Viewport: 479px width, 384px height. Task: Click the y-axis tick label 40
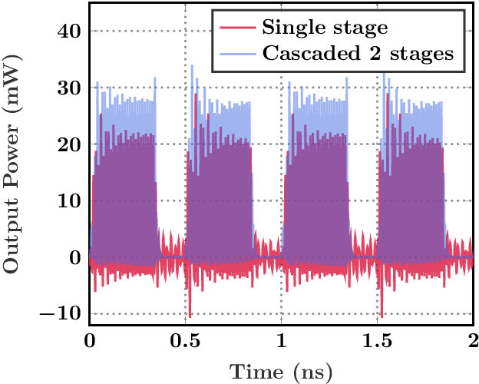pyautogui.click(x=71, y=31)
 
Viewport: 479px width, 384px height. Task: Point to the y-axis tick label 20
pyautogui.click(x=71, y=144)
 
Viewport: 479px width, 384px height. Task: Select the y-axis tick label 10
pyautogui.click(x=71, y=201)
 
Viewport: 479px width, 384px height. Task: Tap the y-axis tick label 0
pyautogui.click(x=76, y=258)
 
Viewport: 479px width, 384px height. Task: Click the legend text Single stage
pyautogui.click(x=324, y=29)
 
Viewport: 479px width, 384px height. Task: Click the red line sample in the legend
pyautogui.click(x=236, y=29)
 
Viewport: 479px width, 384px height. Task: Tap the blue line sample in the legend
pyautogui.click(x=236, y=54)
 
